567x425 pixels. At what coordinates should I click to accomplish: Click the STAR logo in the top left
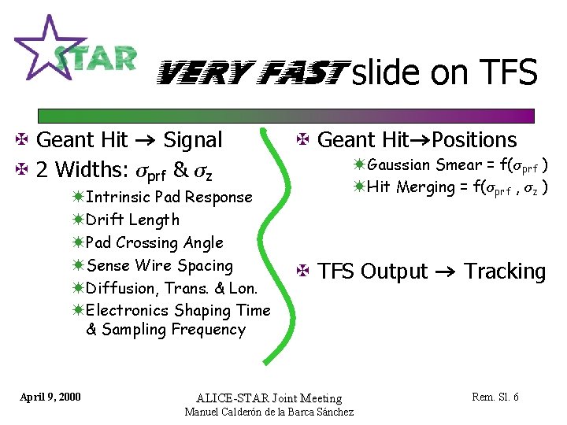pos(75,51)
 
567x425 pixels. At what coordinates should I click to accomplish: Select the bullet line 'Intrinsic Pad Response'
pos(169,197)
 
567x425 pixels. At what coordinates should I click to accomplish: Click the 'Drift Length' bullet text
pos(132,220)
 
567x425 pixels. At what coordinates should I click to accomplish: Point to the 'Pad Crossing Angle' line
pos(154,242)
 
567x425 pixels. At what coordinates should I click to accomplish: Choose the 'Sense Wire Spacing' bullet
pos(160,265)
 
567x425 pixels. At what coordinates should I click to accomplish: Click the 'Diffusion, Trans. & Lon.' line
pos(178,288)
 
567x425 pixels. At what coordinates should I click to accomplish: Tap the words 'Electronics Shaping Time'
pos(178,311)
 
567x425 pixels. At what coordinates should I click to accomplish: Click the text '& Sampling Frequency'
pos(165,330)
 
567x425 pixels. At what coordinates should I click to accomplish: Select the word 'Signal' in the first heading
pos(192,140)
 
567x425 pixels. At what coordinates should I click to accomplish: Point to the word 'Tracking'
pos(504,272)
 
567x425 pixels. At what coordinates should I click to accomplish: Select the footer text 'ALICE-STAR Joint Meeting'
pos(269,398)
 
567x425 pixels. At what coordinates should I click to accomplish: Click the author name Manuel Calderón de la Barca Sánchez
pos(269,412)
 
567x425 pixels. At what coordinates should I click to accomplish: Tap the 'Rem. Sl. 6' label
pos(495,397)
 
